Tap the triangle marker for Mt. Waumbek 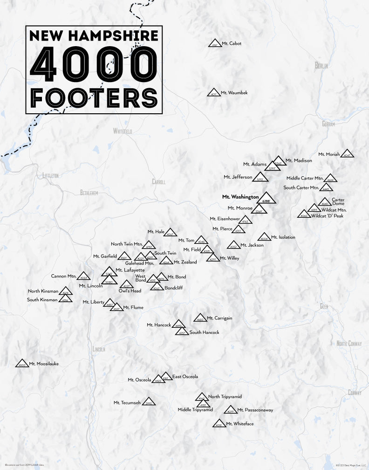click(x=213, y=93)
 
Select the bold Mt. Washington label click(x=240, y=197)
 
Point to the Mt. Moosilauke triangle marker click(x=22, y=364)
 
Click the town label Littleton click(x=50, y=175)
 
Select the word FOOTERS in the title click(x=94, y=97)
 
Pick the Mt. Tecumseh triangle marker click(x=149, y=402)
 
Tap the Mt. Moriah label click(x=329, y=154)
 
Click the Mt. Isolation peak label click(x=283, y=237)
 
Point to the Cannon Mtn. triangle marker click(x=84, y=276)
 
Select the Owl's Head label click(x=130, y=291)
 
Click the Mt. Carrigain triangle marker click(x=200, y=318)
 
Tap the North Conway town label click(x=349, y=344)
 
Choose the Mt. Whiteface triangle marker click(x=219, y=424)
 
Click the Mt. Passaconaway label click(x=255, y=410)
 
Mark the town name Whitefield click(x=123, y=131)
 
